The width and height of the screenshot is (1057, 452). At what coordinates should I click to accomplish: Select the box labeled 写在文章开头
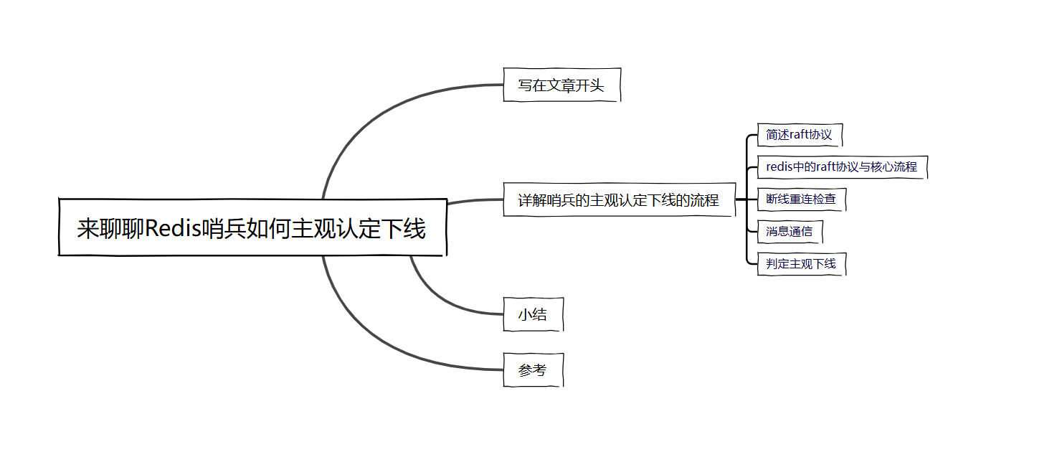[561, 85]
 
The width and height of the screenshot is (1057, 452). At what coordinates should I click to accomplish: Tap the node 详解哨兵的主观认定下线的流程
[619, 200]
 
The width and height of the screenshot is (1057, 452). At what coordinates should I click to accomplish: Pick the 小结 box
[533, 314]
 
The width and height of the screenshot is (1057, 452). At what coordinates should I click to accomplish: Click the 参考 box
[533, 370]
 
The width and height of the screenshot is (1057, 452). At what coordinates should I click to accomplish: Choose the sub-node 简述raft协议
[799, 135]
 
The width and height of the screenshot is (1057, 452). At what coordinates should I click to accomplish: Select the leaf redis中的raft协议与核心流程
[841, 167]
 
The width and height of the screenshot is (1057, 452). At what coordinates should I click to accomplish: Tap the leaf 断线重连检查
[801, 199]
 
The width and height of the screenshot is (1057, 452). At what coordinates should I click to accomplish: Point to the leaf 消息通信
[789, 232]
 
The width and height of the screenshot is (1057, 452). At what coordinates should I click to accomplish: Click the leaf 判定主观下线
[801, 264]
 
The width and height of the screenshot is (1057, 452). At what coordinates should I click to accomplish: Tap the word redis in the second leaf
[779, 167]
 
